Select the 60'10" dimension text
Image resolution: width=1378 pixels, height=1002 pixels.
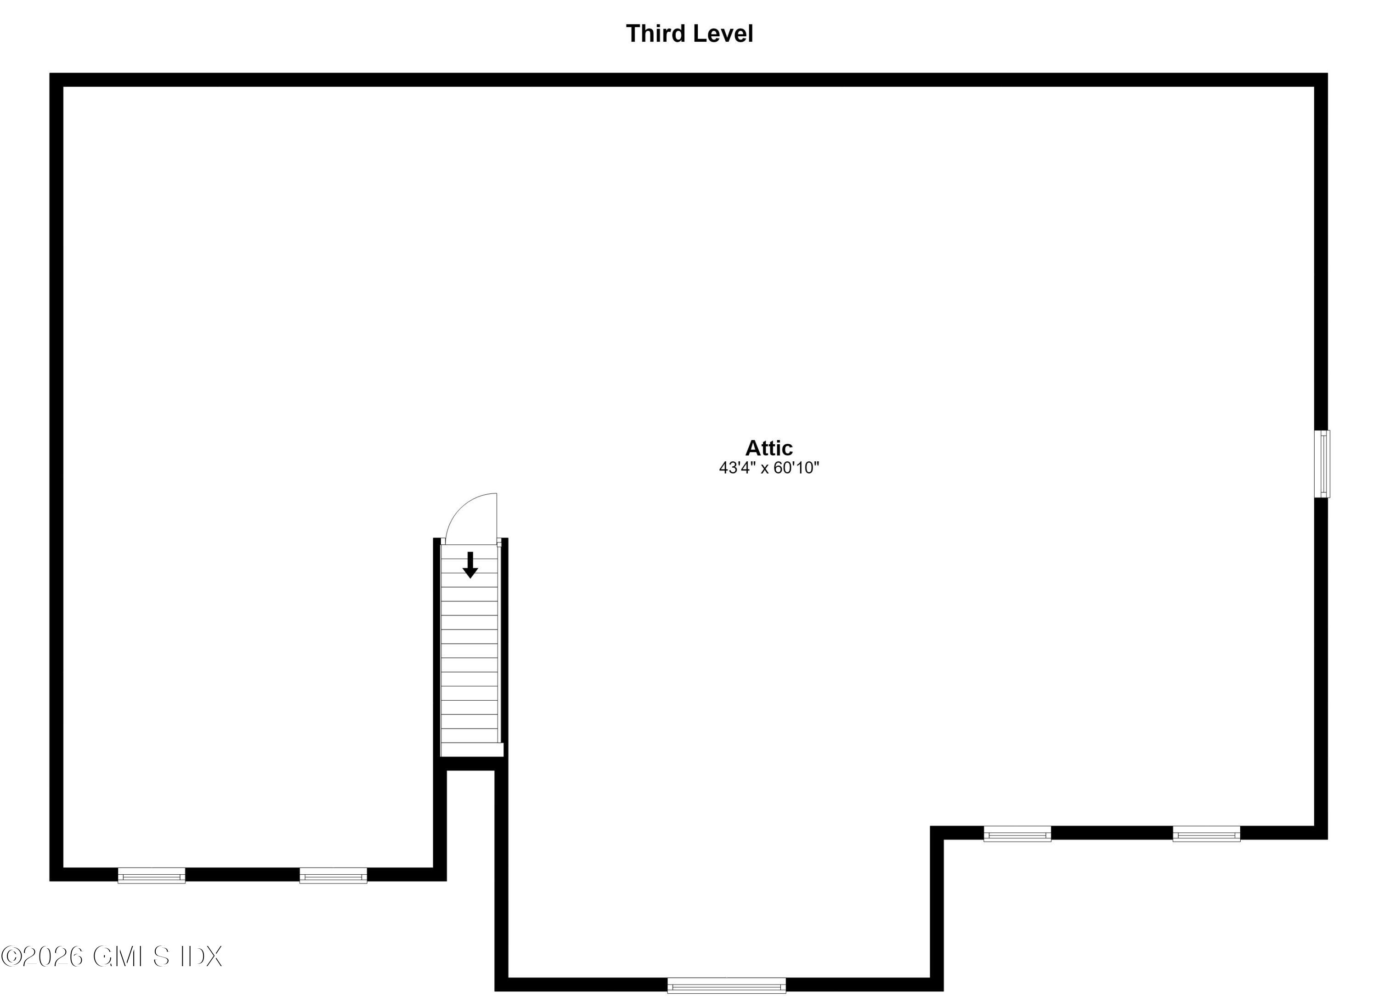(x=796, y=468)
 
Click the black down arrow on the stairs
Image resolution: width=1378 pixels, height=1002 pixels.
(x=469, y=565)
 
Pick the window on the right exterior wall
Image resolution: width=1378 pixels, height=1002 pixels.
(x=1322, y=464)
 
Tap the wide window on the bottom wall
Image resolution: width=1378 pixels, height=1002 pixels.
(x=727, y=985)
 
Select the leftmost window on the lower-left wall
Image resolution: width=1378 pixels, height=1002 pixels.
(x=151, y=875)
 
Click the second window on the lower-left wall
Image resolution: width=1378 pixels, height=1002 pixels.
(x=333, y=875)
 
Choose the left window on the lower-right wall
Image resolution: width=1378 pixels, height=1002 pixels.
(x=1017, y=834)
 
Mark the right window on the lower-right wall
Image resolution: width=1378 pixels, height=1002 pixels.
(x=1206, y=834)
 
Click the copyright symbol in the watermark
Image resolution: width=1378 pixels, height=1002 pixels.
(x=11, y=957)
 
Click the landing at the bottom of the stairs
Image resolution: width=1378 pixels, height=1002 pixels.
(x=471, y=749)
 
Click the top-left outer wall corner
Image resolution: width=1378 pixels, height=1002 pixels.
(x=50, y=74)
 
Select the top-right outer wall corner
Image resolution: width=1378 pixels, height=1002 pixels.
(x=1327, y=74)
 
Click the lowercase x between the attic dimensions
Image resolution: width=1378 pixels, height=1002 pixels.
(x=764, y=469)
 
